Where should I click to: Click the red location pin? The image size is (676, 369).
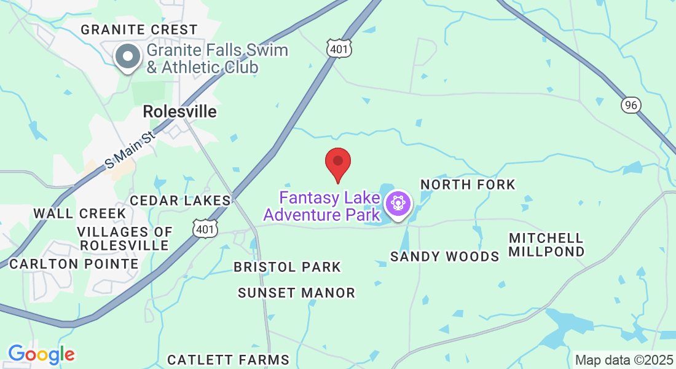click(x=337, y=162)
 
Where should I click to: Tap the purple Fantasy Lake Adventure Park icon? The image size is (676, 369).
click(x=398, y=203)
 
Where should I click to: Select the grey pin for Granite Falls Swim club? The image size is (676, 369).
click(x=128, y=57)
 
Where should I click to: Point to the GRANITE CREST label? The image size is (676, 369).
click(x=139, y=30)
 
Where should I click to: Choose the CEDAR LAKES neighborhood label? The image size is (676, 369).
click(x=181, y=200)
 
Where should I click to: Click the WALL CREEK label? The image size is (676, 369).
click(x=80, y=213)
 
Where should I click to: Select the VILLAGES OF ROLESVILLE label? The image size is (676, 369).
click(x=125, y=239)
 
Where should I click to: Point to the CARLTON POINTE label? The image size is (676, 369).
click(x=74, y=264)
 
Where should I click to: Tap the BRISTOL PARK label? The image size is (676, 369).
click(x=287, y=267)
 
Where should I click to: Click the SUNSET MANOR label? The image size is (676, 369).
click(x=296, y=293)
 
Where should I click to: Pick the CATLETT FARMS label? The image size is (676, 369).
click(x=228, y=360)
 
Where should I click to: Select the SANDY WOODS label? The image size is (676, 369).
click(x=444, y=256)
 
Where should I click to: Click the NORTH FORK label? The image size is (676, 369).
click(x=468, y=184)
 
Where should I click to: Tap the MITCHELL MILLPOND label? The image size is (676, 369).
click(x=546, y=245)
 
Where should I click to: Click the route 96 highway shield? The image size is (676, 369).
click(x=631, y=105)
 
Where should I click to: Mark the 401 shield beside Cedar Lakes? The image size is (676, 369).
click(x=203, y=229)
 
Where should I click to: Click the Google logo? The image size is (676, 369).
click(x=41, y=354)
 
